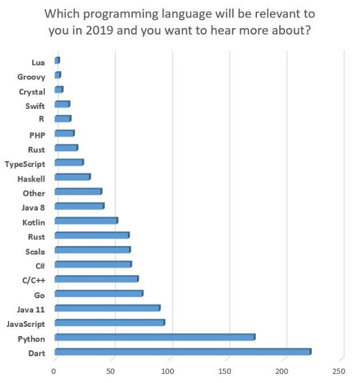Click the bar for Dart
point(183,352)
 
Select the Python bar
point(155,337)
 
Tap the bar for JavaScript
point(110,323)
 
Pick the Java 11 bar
point(107,308)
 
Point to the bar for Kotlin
point(86,221)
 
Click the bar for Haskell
point(72,177)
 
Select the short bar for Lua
point(57,61)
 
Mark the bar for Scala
point(92,250)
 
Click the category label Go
point(39,295)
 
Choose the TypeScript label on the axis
point(25,164)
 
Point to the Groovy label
point(31,77)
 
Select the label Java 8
point(33,207)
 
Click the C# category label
point(39,266)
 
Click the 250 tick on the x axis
point(339,372)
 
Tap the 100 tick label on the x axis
point(168,372)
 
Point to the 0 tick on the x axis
point(55,372)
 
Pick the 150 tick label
point(225,372)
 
